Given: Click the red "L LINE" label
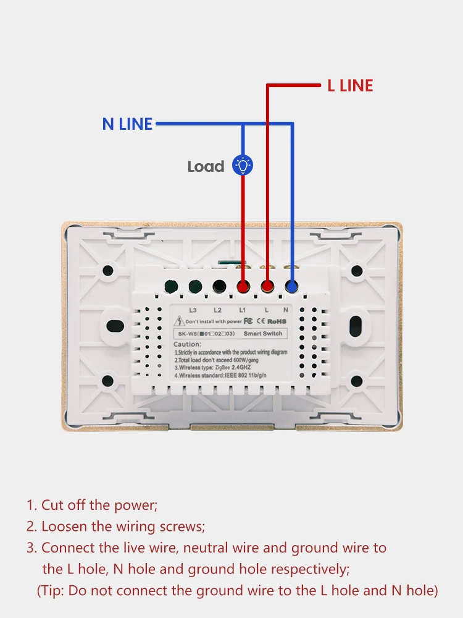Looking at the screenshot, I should click(350, 86).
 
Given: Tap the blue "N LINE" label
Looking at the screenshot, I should click(127, 124).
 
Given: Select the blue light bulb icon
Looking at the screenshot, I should click(242, 166).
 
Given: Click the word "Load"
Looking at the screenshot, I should click(206, 166).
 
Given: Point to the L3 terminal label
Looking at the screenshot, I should click(193, 310).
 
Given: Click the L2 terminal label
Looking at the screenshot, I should click(217, 310).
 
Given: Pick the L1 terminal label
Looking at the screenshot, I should click(242, 310).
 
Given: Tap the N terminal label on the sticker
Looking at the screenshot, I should click(286, 310).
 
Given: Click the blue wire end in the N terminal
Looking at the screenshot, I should click(291, 286).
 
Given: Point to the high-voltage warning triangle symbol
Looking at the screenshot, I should click(180, 321).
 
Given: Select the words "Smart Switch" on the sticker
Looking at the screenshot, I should click(263, 333).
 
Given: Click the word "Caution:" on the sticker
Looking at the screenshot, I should click(187, 344).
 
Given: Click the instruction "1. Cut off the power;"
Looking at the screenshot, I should click(91, 505).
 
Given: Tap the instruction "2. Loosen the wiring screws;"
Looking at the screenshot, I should click(115, 527).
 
